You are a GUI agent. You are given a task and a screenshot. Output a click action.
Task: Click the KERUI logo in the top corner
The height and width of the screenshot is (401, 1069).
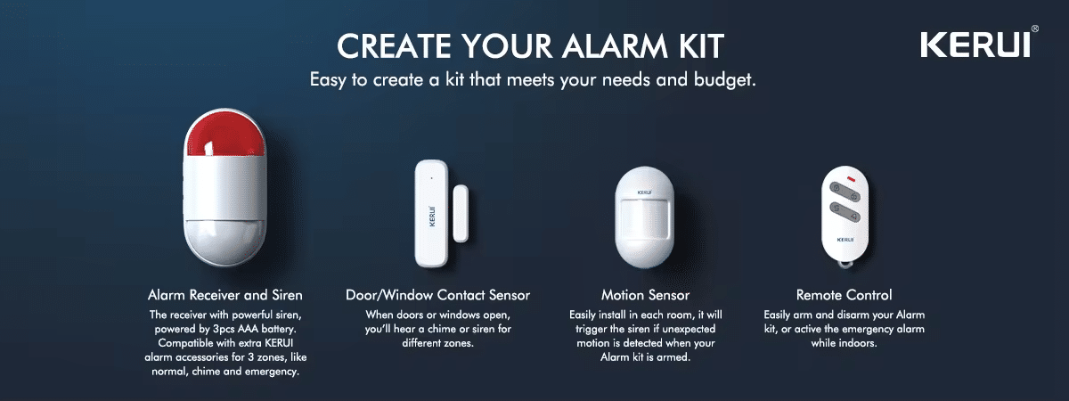(975, 45)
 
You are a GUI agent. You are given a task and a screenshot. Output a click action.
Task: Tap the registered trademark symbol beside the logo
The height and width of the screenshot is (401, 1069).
(1034, 29)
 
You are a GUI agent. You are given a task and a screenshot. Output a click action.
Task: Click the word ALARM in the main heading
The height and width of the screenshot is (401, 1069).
(615, 46)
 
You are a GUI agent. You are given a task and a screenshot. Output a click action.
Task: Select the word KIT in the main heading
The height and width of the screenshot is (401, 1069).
(700, 46)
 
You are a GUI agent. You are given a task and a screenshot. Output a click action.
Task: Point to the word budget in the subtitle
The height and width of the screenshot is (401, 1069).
(724, 79)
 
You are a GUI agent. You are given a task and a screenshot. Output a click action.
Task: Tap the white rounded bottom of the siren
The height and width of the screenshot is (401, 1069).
(224, 242)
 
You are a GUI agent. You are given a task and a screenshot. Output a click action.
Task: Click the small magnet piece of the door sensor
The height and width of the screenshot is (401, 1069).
(461, 213)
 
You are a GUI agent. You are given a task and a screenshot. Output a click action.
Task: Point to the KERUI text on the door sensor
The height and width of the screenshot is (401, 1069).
(432, 217)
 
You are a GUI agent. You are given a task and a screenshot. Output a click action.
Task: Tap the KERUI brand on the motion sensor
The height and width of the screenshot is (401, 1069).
(644, 192)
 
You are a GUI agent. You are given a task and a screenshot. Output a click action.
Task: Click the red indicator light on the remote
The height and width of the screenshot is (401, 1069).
(852, 179)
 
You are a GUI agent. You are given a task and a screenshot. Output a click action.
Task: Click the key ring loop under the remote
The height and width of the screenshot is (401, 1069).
(845, 263)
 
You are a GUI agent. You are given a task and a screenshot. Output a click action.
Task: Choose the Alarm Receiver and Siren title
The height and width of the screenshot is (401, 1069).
(225, 295)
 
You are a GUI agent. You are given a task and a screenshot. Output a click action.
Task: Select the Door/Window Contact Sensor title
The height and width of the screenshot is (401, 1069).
(437, 295)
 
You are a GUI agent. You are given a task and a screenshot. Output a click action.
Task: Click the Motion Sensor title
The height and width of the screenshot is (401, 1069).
(645, 295)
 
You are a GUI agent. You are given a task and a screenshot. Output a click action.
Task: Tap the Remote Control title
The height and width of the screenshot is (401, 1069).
(844, 295)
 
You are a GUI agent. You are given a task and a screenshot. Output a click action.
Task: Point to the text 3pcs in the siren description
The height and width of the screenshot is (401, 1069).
(224, 330)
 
